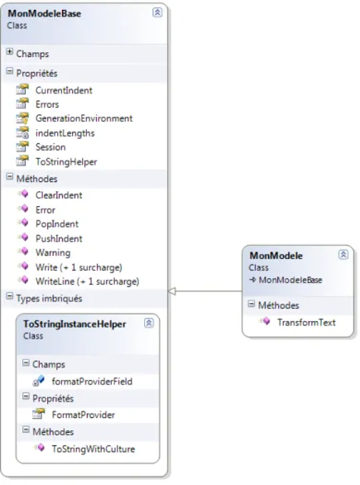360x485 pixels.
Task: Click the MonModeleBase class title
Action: point(44,13)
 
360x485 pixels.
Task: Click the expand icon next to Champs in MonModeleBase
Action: point(10,51)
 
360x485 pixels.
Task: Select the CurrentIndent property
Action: point(64,90)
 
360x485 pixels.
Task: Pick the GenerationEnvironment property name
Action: point(84,118)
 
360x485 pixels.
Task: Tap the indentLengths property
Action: point(65,133)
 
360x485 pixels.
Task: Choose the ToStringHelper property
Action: point(66,161)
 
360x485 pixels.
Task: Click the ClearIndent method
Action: point(59,195)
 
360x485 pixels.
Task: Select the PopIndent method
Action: point(57,224)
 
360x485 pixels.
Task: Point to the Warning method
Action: point(53,252)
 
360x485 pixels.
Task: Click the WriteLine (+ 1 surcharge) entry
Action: point(87,281)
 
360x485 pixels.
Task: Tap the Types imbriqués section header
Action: point(49,299)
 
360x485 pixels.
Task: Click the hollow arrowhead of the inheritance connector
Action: point(172,291)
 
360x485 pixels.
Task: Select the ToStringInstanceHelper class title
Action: point(74,324)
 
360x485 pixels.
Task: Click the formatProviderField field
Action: point(92,382)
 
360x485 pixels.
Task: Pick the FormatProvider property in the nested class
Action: point(84,415)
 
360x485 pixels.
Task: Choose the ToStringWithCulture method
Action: point(93,449)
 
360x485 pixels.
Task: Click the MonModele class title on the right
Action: point(276,256)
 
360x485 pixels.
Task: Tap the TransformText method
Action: point(306,323)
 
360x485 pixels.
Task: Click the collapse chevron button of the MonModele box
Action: point(343,255)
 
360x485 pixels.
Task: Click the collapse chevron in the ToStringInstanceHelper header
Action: point(149,323)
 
